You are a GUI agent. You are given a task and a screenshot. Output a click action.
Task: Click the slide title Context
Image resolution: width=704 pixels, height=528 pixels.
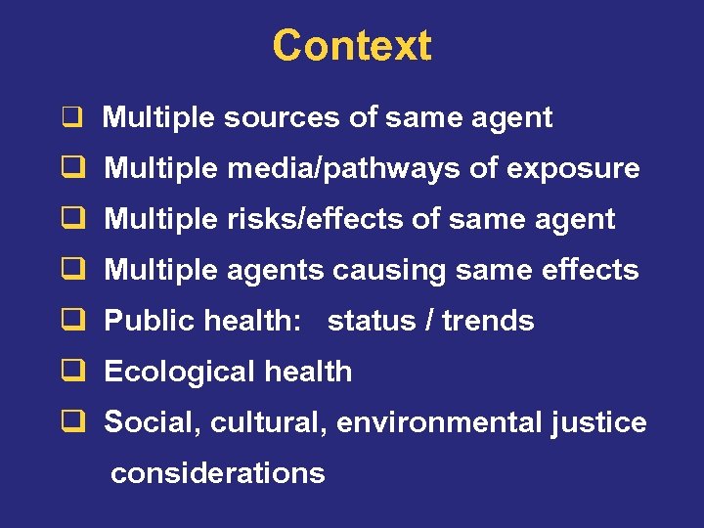point(352,45)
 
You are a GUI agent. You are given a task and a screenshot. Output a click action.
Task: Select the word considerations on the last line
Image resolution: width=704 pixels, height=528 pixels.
point(217,474)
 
